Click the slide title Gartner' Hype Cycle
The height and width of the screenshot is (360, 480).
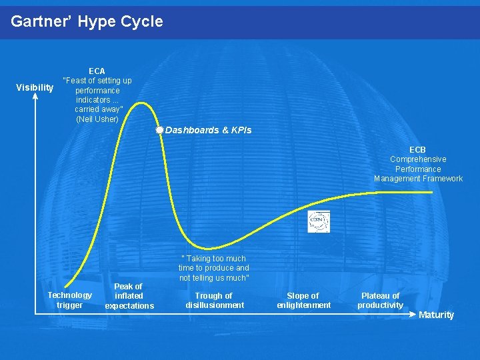click(87, 21)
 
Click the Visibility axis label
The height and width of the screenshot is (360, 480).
click(35, 88)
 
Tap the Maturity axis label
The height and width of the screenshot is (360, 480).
click(436, 315)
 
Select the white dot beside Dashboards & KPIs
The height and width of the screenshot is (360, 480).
click(159, 130)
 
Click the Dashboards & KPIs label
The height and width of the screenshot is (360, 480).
click(208, 130)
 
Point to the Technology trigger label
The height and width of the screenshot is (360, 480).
click(69, 300)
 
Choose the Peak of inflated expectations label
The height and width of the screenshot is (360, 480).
click(129, 296)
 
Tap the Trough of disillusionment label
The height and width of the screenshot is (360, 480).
click(214, 300)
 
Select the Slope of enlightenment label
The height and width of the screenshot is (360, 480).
click(303, 300)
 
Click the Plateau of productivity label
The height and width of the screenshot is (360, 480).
click(380, 300)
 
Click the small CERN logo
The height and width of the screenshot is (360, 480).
click(318, 221)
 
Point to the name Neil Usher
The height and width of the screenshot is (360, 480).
click(97, 119)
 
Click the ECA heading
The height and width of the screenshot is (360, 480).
click(97, 71)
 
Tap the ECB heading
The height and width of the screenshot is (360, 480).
click(417, 150)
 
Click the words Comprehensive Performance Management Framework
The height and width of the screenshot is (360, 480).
click(418, 169)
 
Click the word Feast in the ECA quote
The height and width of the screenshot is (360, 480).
click(75, 81)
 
